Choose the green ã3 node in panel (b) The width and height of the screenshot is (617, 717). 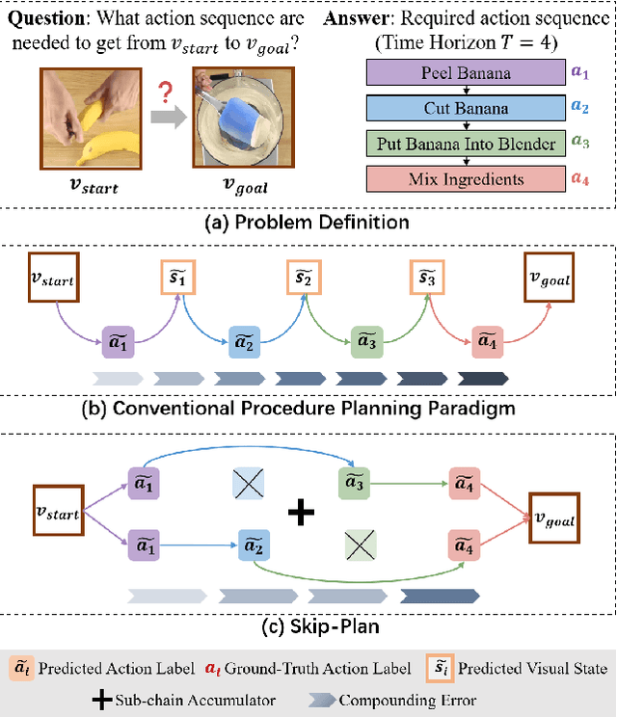[x=367, y=340]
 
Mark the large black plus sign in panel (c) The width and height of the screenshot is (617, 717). [x=302, y=513]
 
